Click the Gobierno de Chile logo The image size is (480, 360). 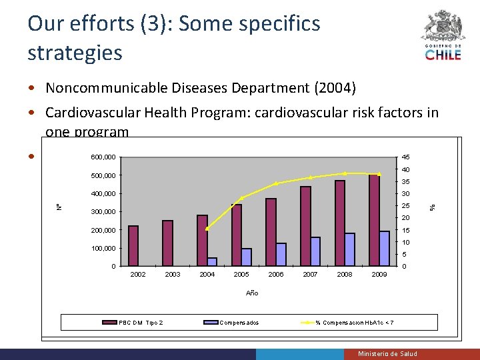point(443,36)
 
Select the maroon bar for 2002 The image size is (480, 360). point(133,246)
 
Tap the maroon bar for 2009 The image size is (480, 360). point(373,220)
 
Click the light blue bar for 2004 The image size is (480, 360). point(212,262)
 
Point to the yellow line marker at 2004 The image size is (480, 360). point(207,228)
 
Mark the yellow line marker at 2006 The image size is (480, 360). point(276,184)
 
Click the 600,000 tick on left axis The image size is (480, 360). point(103,157)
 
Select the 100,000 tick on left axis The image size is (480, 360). point(103,249)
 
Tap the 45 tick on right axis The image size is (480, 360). point(405,157)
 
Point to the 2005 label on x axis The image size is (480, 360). point(241,275)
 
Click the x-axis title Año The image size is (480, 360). point(251,293)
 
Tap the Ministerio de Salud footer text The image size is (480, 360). point(387,353)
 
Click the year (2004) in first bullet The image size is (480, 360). point(335,88)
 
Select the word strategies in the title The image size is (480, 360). point(75,53)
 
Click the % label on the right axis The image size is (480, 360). point(431,207)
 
